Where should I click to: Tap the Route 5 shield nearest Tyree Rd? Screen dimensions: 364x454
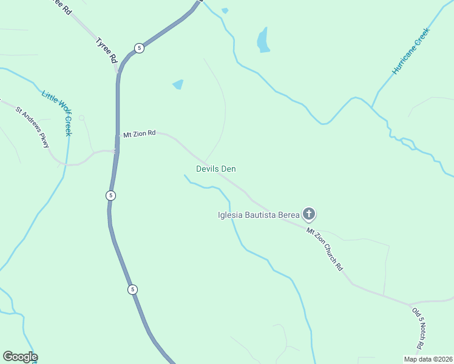click(139, 48)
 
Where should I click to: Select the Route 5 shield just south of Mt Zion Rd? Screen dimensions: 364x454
click(110, 195)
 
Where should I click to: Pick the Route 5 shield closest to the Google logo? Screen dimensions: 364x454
click(132, 289)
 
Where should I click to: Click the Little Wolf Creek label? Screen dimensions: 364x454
click(57, 113)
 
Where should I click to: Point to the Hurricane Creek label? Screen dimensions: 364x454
click(411, 52)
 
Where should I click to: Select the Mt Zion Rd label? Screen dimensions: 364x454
click(140, 133)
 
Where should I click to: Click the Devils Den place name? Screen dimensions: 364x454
click(215, 169)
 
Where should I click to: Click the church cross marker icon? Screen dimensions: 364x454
click(309, 214)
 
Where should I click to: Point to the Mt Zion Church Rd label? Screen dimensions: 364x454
click(325, 249)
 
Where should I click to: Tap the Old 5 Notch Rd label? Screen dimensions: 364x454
click(417, 328)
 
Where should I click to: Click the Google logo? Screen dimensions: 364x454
click(20, 357)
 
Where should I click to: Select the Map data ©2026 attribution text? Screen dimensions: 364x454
click(428, 359)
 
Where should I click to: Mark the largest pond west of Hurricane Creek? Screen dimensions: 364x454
click(263, 40)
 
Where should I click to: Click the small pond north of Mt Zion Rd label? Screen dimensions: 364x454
click(178, 84)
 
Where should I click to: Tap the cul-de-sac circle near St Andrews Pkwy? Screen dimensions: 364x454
click(81, 118)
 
